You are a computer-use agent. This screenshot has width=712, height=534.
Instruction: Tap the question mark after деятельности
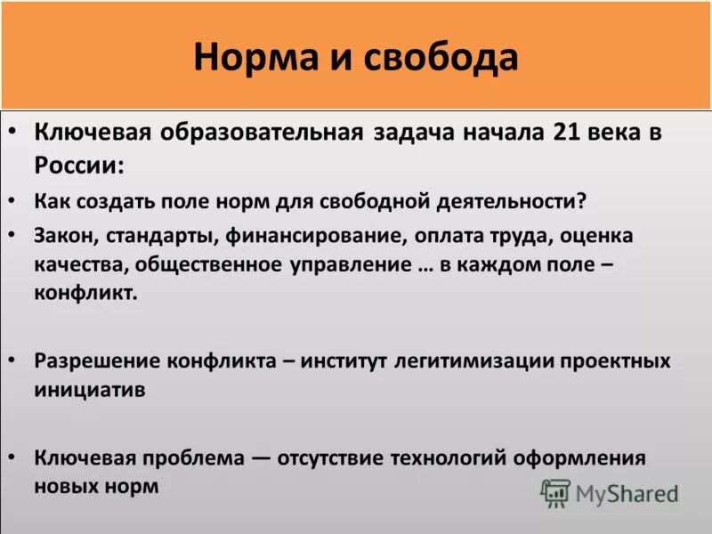click(x=582, y=201)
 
